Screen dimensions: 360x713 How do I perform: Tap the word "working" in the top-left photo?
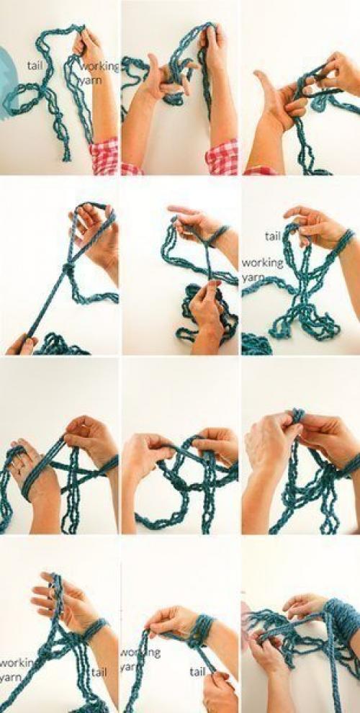99,67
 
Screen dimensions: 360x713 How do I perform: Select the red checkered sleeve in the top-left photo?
104,156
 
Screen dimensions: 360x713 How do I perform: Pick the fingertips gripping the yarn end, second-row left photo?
23,345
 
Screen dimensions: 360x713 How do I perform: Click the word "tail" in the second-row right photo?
272,236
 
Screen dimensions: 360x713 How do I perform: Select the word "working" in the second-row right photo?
262,263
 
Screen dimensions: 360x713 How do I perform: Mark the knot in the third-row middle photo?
177,484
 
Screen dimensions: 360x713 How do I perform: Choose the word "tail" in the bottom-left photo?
99,672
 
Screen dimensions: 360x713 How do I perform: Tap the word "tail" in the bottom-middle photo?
197,672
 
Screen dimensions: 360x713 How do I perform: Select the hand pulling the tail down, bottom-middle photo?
220,692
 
